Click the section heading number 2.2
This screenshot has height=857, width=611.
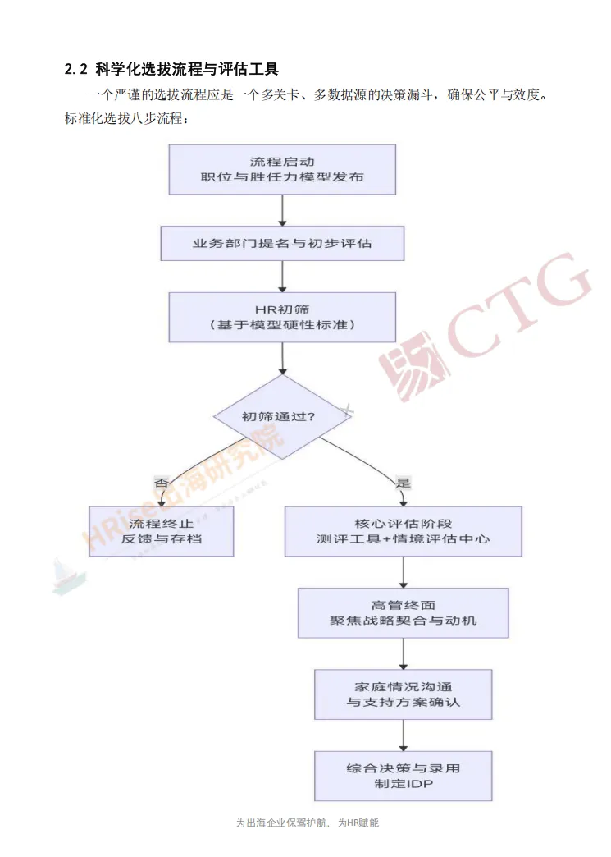tap(75, 66)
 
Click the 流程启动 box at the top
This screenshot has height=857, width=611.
tap(282, 170)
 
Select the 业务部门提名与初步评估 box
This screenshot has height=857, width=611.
tap(282, 244)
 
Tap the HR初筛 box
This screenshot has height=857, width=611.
tap(282, 317)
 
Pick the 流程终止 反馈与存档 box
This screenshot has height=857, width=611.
tap(162, 531)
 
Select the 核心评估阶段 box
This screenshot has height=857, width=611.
tap(403, 531)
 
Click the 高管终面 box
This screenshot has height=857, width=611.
tap(403, 612)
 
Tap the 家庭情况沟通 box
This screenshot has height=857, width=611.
tap(403, 694)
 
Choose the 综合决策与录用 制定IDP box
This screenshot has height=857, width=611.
tap(403, 776)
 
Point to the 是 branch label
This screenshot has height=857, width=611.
tap(403, 483)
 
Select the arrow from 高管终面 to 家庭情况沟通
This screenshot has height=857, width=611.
tap(403, 653)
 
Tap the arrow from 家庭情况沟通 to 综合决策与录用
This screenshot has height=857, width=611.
tap(403, 735)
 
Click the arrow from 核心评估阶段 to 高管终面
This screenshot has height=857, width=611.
tap(403, 571)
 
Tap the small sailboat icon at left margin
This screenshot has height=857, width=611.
tap(59, 575)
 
